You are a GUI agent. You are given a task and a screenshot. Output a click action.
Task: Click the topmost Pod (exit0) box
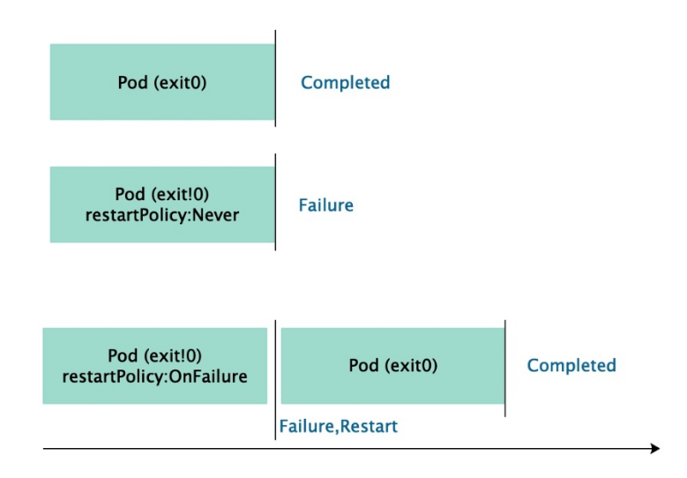(162, 82)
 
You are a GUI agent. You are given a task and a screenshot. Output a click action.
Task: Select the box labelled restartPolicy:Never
(162, 205)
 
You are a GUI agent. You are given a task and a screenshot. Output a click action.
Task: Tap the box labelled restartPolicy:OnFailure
(154, 366)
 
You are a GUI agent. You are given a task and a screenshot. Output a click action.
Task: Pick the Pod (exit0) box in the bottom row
(393, 366)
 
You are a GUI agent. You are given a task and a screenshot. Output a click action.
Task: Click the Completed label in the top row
(345, 82)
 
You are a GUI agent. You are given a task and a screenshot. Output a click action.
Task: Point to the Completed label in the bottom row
(571, 365)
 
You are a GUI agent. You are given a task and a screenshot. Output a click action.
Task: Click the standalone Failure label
(326, 205)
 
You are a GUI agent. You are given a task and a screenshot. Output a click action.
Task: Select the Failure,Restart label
(339, 426)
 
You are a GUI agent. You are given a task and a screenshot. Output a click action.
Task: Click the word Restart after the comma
(369, 426)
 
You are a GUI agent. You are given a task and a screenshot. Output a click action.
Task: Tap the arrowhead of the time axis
(655, 448)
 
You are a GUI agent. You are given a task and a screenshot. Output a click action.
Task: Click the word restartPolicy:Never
(162, 215)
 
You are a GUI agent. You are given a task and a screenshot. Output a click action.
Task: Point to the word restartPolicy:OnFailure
(154, 377)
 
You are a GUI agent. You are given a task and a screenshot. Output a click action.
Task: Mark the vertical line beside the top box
(275, 78)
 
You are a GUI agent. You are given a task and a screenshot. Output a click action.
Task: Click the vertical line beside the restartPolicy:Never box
(275, 202)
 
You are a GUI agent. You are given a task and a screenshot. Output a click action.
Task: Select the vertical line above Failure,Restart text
(275, 380)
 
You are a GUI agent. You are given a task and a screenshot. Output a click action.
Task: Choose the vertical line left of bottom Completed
(505, 369)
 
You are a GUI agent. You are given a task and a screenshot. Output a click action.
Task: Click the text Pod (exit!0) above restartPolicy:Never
(162, 194)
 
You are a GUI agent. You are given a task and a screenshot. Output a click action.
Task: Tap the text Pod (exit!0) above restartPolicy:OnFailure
(154, 355)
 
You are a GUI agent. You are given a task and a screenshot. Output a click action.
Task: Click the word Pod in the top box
(133, 82)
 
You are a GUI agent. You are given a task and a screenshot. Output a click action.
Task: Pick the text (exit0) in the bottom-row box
(412, 365)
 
